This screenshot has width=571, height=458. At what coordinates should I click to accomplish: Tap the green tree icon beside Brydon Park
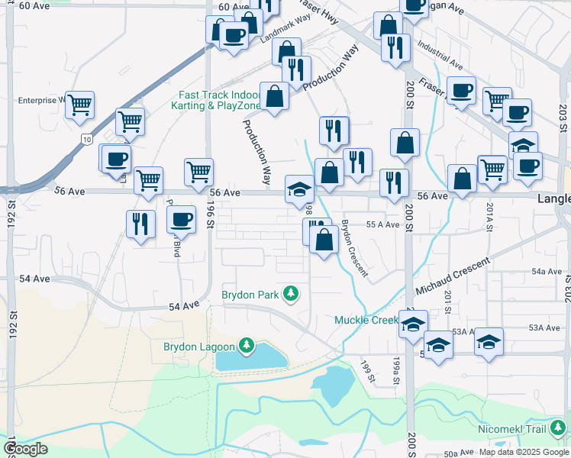[x=290, y=293]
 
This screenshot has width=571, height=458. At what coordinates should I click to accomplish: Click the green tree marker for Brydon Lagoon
[x=246, y=347]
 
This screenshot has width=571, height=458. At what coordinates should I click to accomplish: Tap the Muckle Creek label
[x=365, y=320]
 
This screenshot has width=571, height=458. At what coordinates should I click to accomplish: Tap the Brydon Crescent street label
[x=355, y=248]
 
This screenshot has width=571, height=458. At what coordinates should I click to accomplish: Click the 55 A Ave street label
[x=382, y=225]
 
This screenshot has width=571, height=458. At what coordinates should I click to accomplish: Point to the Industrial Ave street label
[x=440, y=53]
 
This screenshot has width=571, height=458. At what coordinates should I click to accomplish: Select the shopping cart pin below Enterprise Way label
[x=79, y=105]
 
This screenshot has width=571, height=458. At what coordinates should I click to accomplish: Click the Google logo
[x=25, y=448]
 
